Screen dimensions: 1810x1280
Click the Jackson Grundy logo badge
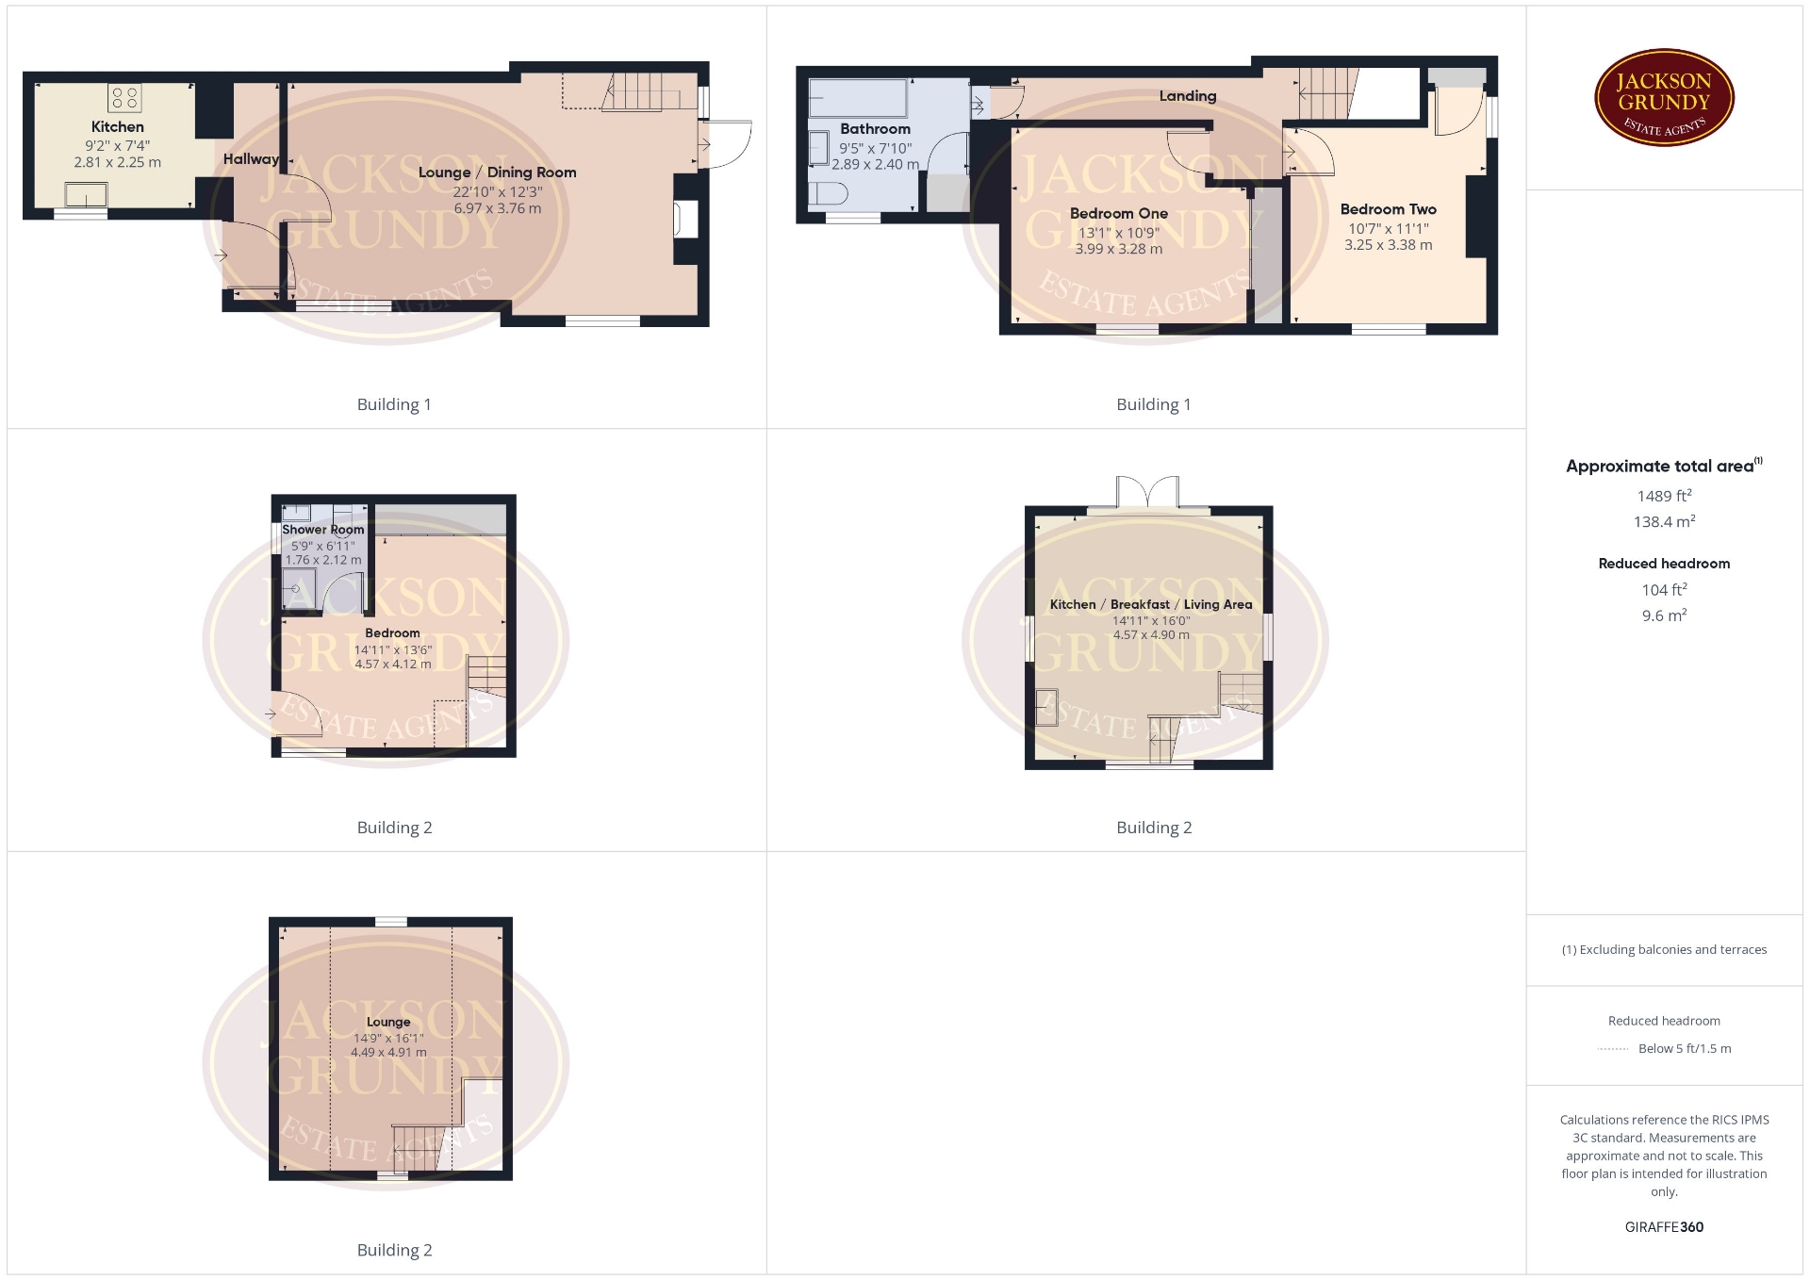click(1664, 97)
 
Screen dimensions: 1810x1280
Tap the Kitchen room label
click(118, 126)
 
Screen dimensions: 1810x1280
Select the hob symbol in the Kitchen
click(125, 97)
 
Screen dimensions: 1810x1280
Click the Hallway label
click(251, 159)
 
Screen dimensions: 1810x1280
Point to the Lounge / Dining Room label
click(497, 172)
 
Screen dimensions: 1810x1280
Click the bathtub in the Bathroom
click(858, 97)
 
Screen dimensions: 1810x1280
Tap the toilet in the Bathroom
click(829, 193)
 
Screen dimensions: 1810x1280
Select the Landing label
click(1188, 95)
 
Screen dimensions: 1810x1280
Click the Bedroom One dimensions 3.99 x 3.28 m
click(1119, 249)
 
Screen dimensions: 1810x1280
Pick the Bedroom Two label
click(1389, 209)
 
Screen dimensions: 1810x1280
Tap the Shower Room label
click(322, 530)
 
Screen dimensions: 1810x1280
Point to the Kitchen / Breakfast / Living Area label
click(1151, 604)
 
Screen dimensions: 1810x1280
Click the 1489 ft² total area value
click(1664, 495)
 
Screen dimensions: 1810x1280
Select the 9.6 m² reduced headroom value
click(1664, 615)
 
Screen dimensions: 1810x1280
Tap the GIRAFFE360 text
click(1664, 1226)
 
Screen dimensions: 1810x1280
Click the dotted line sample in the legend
click(1613, 1048)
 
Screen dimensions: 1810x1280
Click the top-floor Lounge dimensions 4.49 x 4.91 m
click(388, 1052)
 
